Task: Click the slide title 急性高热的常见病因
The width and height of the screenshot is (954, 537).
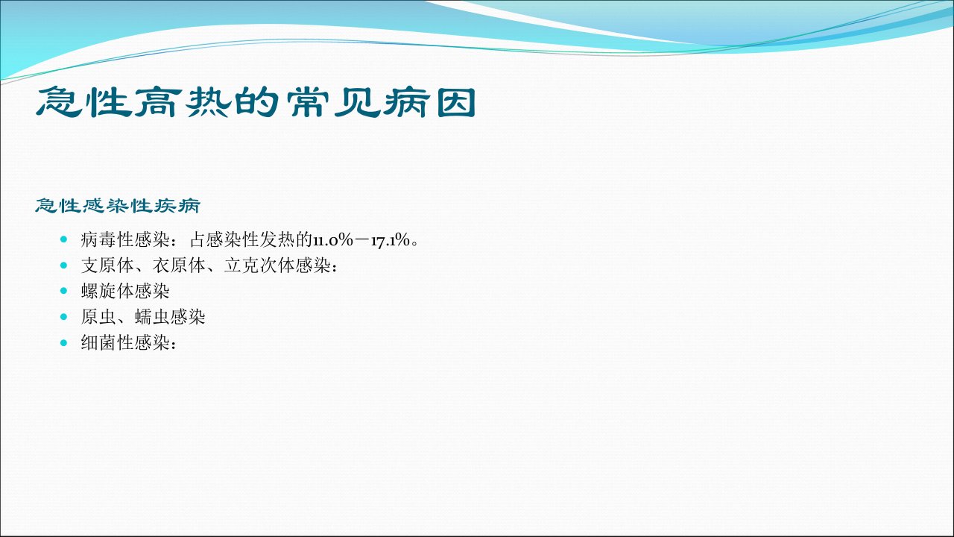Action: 256,102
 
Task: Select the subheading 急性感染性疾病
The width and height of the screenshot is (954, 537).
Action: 118,206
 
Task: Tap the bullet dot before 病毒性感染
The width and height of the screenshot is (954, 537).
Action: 64,239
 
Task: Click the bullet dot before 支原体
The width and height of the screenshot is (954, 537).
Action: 64,265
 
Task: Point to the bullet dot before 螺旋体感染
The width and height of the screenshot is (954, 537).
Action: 64,291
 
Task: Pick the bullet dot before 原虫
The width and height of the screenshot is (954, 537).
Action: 64,316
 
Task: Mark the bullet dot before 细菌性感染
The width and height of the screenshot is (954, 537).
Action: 64,342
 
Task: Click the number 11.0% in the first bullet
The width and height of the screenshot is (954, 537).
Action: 333,240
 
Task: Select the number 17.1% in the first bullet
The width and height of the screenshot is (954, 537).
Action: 391,240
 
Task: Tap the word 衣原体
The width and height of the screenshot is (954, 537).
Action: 179,266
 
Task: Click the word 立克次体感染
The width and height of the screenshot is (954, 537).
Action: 277,266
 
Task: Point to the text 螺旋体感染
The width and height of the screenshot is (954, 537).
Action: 125,291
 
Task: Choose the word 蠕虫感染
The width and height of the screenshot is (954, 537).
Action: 170,317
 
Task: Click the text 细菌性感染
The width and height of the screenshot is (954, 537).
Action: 125,342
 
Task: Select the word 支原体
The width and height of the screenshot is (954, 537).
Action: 107,266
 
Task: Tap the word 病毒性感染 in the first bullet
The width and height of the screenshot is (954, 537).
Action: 125,240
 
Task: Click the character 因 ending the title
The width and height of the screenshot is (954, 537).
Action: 457,103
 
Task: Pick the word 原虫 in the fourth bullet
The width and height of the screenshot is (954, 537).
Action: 98,317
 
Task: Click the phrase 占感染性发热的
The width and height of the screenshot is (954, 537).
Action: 251,240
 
